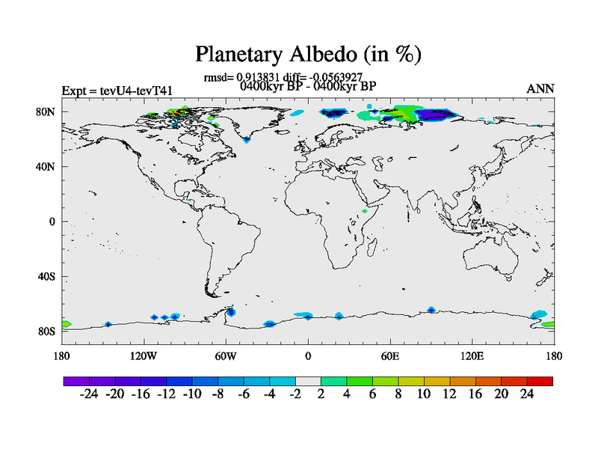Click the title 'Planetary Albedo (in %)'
point(308,54)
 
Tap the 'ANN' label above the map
point(540,88)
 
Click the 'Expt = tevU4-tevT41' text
point(117,91)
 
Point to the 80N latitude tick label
point(46,112)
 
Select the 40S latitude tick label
point(46,276)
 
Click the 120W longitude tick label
point(144,356)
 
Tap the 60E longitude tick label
point(390,356)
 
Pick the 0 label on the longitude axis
point(308,356)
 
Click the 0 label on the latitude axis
point(52,222)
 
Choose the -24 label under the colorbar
point(89,394)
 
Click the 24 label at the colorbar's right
point(527,394)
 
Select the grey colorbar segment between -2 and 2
point(308,381)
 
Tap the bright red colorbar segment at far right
point(540,381)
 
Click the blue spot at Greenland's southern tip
point(247,140)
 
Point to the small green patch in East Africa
point(365,211)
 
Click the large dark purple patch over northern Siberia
point(436,114)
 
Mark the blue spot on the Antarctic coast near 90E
point(431,310)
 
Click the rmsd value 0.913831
point(258,77)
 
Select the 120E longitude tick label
point(472,356)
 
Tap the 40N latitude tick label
point(46,167)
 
